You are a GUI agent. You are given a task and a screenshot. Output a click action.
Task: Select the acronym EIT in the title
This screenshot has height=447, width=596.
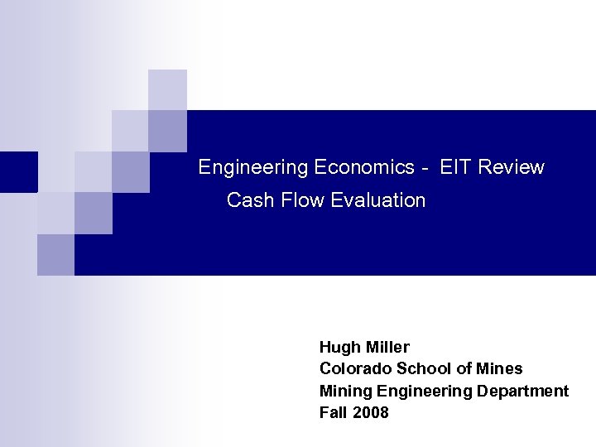click(455, 168)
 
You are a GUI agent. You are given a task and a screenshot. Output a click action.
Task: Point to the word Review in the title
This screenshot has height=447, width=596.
click(511, 168)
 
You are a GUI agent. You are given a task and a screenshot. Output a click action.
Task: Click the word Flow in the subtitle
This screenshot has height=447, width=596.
click(302, 200)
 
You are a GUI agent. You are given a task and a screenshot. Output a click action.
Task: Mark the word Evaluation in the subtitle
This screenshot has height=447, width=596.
click(377, 200)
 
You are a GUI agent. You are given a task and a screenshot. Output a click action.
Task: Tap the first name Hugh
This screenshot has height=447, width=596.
click(339, 348)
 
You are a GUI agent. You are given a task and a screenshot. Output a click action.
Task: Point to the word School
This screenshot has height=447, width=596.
click(419, 369)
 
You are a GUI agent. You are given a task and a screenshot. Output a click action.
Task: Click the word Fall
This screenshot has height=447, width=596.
click(333, 412)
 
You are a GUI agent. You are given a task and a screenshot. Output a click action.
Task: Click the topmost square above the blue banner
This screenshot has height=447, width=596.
click(167, 89)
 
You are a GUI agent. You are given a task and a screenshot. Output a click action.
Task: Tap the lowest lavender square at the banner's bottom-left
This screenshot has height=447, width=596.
click(55, 255)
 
